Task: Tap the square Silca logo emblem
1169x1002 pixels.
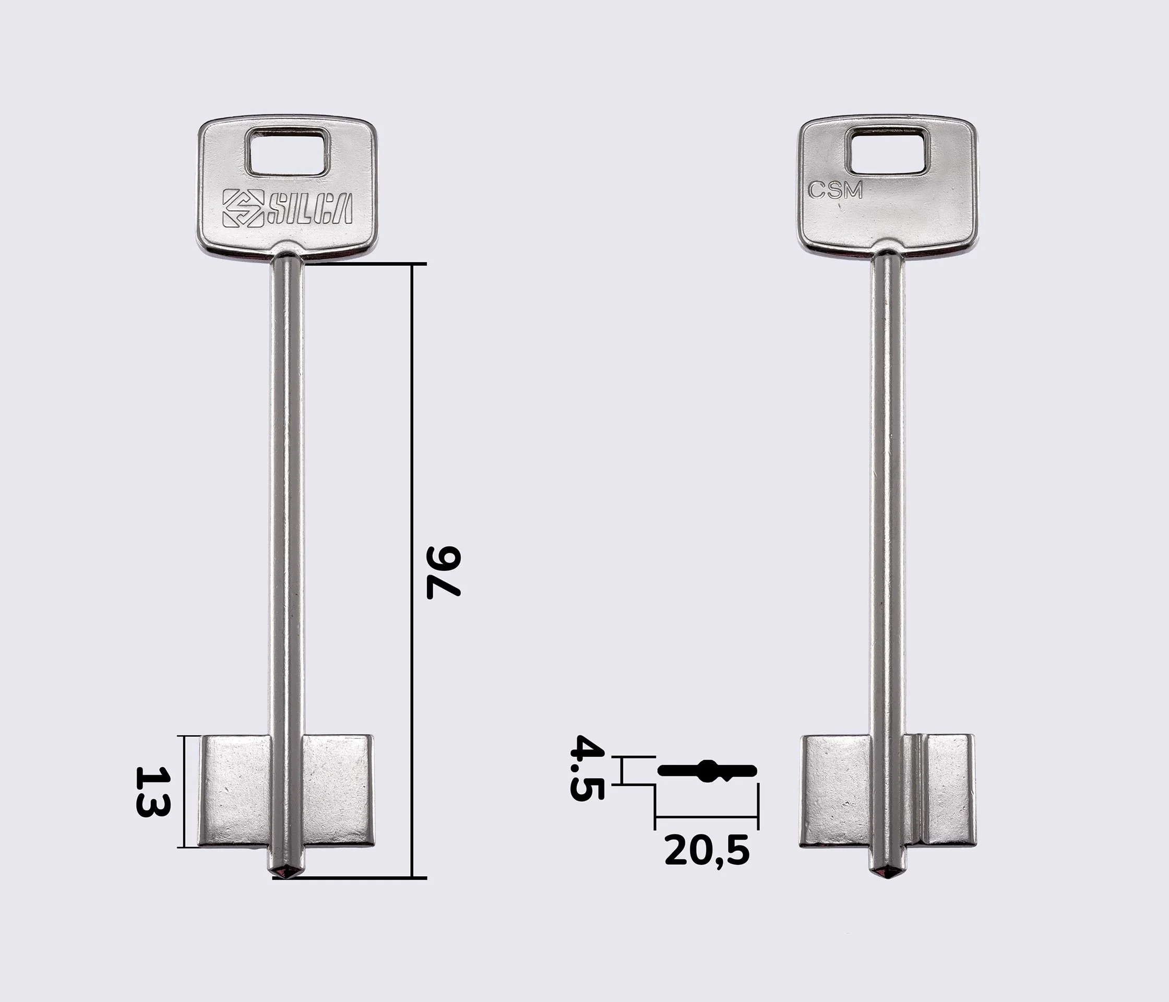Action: tap(243, 208)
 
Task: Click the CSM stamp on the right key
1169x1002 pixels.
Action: tap(836, 190)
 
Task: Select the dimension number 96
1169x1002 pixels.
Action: tap(444, 571)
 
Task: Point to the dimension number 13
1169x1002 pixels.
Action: tap(152, 792)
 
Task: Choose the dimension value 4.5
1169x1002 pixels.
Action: tap(587, 767)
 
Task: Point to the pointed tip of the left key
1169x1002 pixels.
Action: tap(288, 877)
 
